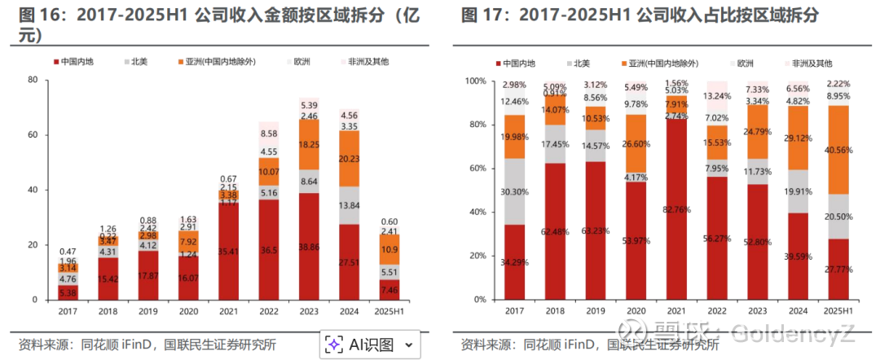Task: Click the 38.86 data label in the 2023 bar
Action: (x=310, y=245)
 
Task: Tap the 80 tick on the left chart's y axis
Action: (x=33, y=80)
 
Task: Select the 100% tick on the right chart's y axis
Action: (x=475, y=81)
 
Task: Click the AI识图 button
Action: (x=372, y=345)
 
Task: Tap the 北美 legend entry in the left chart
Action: (x=139, y=62)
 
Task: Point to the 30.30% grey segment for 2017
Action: (x=515, y=191)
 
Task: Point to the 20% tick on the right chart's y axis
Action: (x=477, y=256)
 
